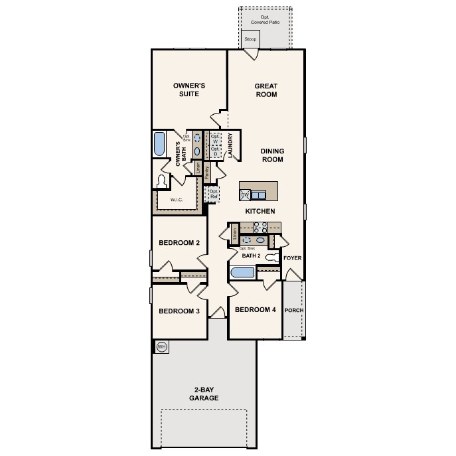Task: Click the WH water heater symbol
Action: coord(161,346)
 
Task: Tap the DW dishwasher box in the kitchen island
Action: coord(244,194)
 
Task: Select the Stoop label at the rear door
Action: coord(250,40)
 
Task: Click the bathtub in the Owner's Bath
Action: coord(159,144)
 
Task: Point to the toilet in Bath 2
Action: coord(271,257)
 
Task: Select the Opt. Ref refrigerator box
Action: coord(213,194)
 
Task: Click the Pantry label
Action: coord(207,173)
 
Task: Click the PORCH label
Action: coord(293,310)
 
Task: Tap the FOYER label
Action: coord(292,257)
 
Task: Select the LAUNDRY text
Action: coord(230,146)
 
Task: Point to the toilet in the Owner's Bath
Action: coord(161,181)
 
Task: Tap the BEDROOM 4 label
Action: coord(255,309)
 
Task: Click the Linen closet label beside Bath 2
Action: coord(234,234)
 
